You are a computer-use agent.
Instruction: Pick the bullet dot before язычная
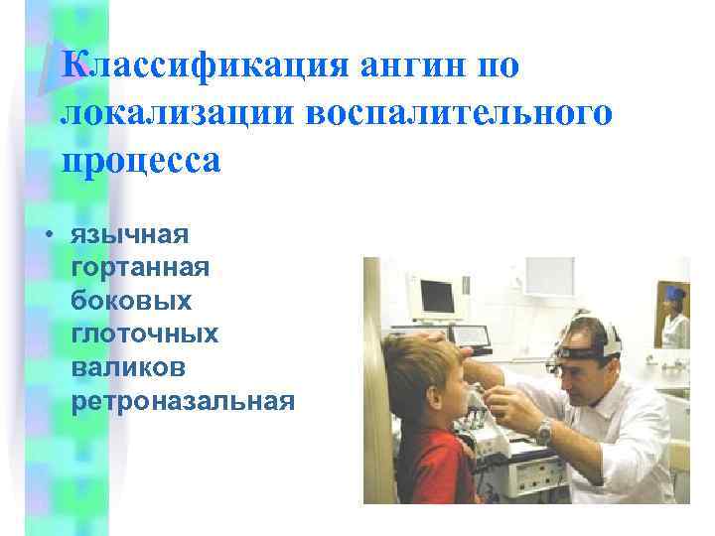coord(47,237)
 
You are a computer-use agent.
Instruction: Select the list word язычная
coord(129,236)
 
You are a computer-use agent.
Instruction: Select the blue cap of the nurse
coord(676,295)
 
